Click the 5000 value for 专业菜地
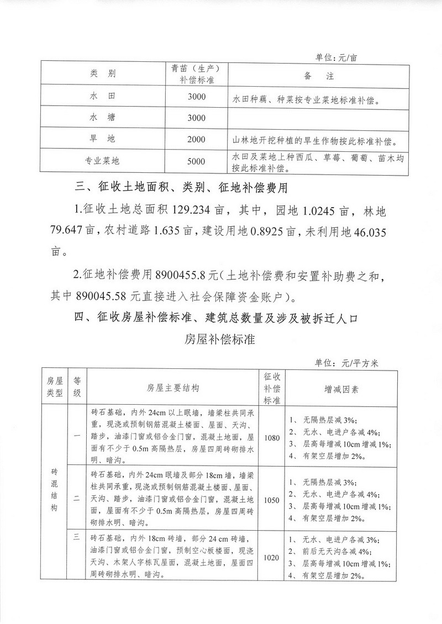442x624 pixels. point(196,162)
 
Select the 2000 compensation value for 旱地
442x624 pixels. point(196,139)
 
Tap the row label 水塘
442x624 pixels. point(102,118)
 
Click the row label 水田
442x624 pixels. point(102,97)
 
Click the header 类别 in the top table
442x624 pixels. point(102,75)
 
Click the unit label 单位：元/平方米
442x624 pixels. point(346,363)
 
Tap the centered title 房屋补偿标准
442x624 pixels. point(220,339)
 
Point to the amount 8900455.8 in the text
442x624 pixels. point(187,274)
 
